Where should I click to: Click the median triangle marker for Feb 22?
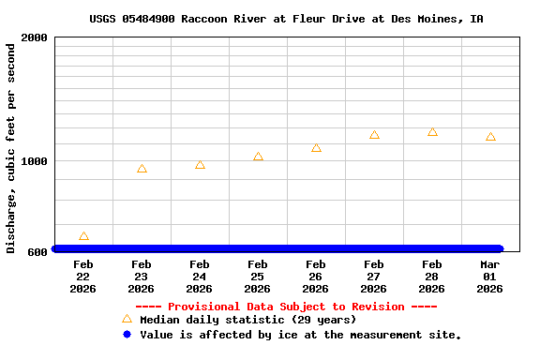point(83,236)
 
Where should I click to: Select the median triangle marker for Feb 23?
point(142,169)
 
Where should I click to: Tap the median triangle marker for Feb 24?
point(200,165)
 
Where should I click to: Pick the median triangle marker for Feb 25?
point(258,157)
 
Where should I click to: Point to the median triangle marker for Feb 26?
point(316,147)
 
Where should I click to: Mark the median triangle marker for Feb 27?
point(374,135)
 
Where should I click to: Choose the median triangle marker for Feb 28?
point(432,132)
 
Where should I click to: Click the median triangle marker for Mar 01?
point(490,137)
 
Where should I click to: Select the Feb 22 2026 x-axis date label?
point(83,277)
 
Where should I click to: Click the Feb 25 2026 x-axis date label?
point(258,277)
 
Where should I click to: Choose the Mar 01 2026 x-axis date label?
point(490,277)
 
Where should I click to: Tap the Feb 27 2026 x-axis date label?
point(374,277)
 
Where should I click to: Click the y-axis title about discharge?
point(11,145)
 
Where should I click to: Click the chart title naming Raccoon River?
point(287,19)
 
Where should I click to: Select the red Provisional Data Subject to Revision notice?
point(286,307)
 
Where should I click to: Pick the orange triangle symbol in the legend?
point(127,319)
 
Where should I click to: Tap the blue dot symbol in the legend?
point(127,335)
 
